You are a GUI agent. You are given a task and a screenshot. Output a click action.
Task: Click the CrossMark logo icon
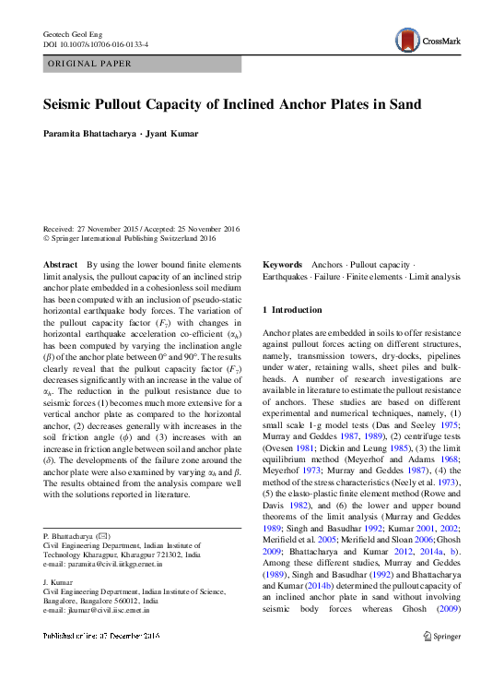(406, 40)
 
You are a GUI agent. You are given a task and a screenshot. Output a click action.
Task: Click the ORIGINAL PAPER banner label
(89, 64)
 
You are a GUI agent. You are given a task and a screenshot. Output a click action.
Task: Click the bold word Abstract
(61, 264)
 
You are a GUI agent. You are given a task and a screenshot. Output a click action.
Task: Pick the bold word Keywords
(283, 264)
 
